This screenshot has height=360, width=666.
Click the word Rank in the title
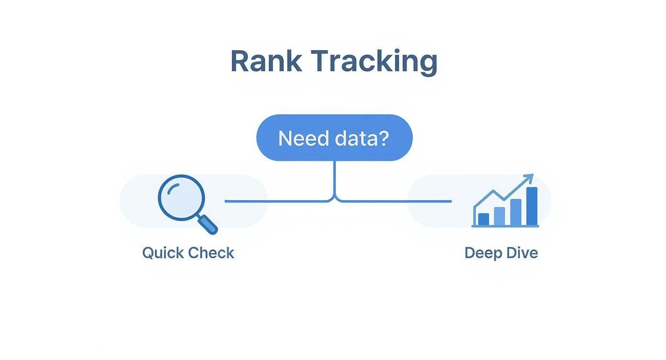[x=266, y=61]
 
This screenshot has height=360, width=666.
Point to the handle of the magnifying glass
[x=208, y=224]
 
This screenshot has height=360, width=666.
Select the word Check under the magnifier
[x=211, y=253]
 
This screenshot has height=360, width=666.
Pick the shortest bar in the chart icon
[x=484, y=219]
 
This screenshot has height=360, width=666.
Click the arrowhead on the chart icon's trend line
[x=529, y=178]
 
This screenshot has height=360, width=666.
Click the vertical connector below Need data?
[x=335, y=177]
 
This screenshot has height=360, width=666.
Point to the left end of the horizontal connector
[x=226, y=202]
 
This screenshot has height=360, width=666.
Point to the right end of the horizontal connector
[x=450, y=202]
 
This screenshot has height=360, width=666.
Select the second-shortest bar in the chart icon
[x=499, y=216]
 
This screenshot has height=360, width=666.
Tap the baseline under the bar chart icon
[x=505, y=226]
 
